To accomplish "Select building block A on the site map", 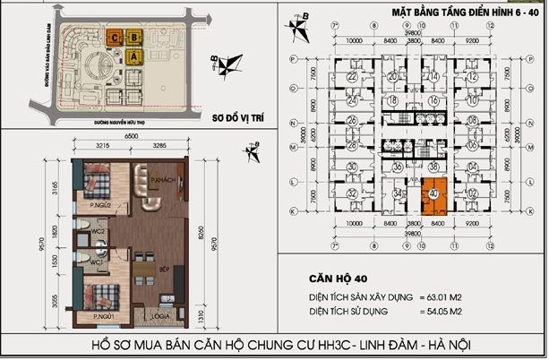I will coord(134,56).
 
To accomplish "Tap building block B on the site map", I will coord(134,39).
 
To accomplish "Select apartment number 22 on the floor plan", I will coord(352,78).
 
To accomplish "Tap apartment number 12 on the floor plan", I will coord(472,78).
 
